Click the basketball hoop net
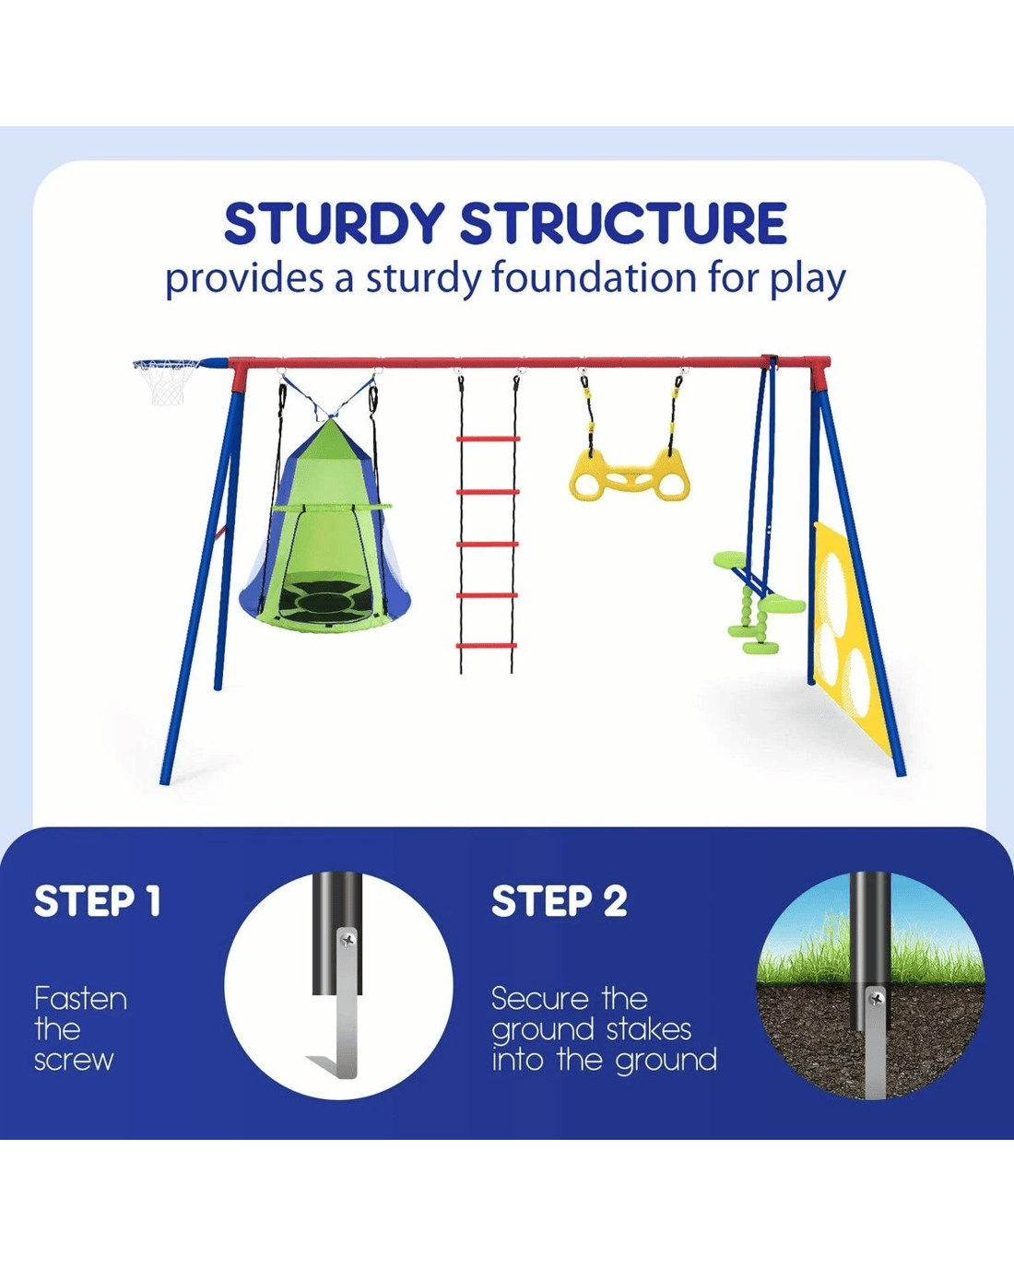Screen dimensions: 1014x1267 [166, 382]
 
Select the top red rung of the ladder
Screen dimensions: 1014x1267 [488, 439]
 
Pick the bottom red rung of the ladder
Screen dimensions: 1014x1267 [487, 646]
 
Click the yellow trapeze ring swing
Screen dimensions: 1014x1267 [629, 474]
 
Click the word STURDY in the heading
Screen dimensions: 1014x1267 [334, 224]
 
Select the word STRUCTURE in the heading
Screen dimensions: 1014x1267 [623, 224]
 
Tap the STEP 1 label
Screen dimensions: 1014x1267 [97, 901]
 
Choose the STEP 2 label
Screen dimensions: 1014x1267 [560, 901]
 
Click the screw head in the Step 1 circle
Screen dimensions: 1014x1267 [348, 940]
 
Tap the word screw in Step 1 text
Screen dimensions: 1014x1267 [74, 1061]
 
